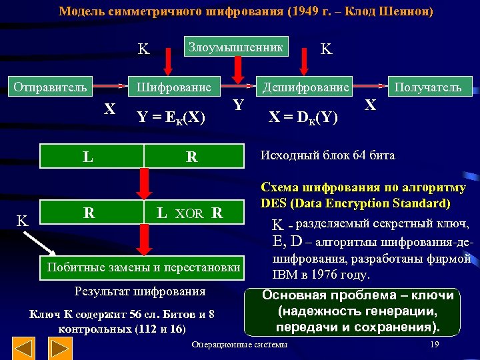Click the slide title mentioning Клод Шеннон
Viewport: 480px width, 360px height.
pos(245,11)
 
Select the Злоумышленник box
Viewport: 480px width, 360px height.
pos(236,47)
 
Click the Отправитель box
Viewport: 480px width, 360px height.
pos(51,87)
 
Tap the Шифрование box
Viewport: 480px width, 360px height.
pos(174,87)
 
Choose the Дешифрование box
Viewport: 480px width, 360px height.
pos(305,87)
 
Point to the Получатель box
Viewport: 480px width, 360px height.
pos(427,87)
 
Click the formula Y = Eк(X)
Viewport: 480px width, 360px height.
pos(171,117)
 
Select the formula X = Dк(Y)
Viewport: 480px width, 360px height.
pos(303,117)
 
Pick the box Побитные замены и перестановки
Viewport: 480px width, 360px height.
pos(141,267)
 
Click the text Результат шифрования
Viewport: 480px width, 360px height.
pos(140,291)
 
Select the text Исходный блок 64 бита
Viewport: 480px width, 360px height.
pos(328,155)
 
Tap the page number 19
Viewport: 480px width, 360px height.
pos(434,344)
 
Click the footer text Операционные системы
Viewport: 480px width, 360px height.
pos(239,345)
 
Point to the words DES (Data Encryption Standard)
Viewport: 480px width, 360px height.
pos(355,203)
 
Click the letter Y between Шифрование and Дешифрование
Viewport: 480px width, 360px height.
pos(238,105)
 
